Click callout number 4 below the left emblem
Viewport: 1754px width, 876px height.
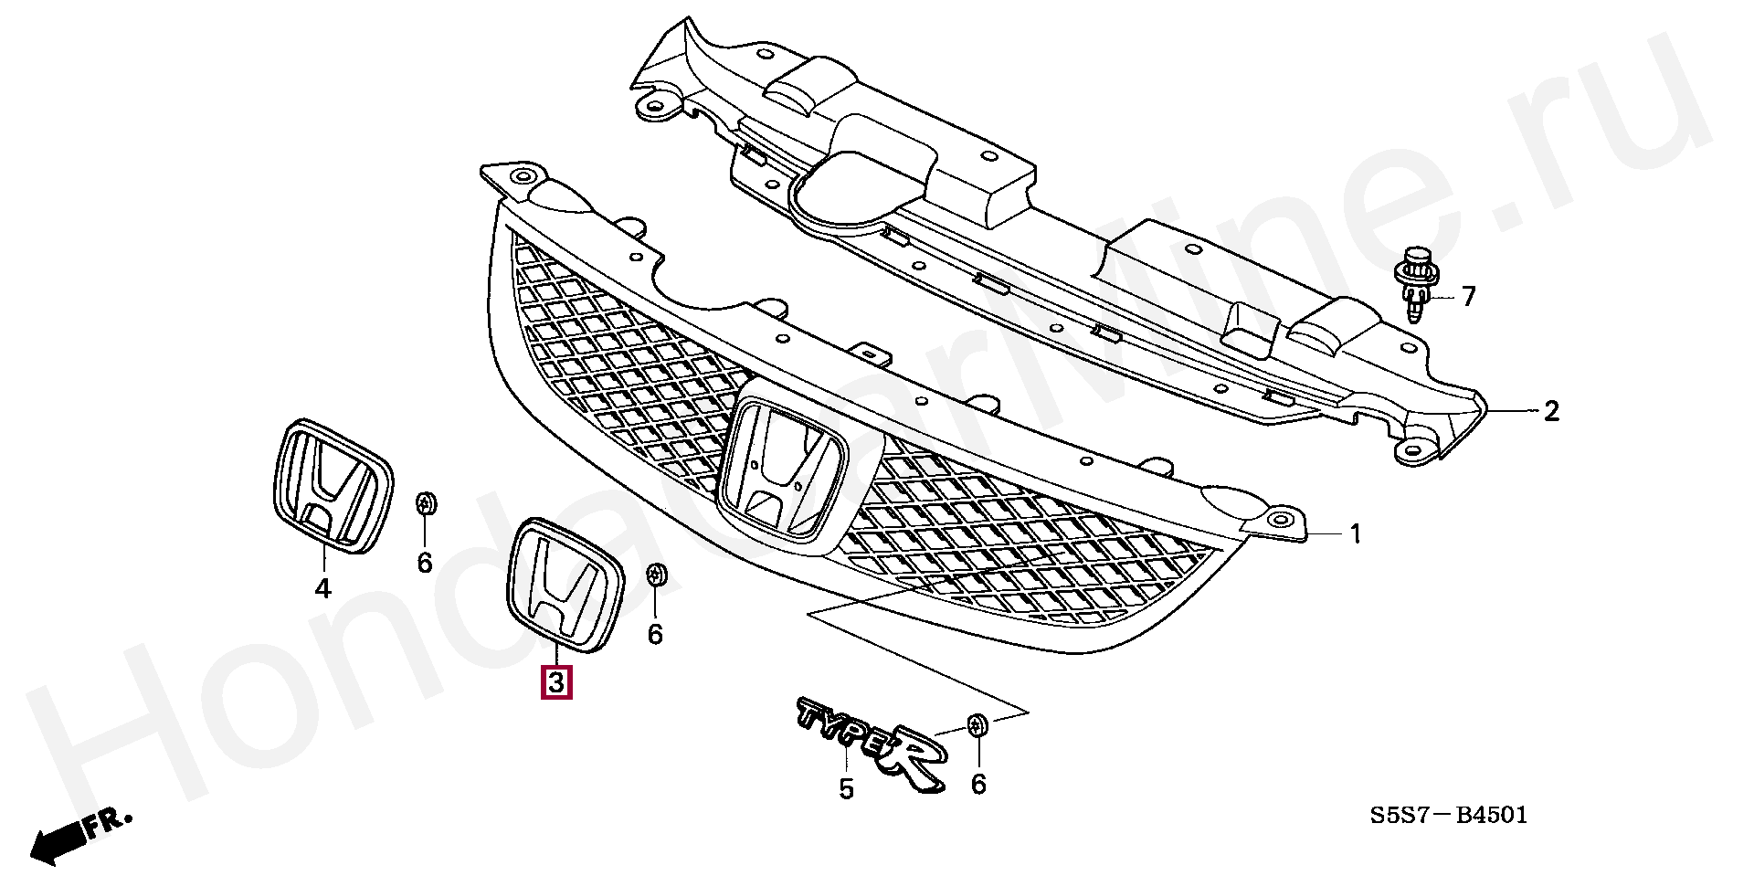coord(322,589)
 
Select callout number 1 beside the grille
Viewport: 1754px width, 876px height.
coord(1356,533)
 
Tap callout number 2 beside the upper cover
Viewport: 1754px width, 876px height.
coord(1551,411)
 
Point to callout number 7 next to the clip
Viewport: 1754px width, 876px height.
coord(1468,296)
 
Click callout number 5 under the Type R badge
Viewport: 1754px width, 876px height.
coord(846,788)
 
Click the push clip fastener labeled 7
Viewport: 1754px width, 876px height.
coord(1414,284)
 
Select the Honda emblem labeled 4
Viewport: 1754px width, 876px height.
coord(332,486)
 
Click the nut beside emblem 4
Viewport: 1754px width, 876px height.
coord(426,504)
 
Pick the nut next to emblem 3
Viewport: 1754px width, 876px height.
coord(656,575)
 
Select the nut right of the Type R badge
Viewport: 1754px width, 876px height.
coord(977,726)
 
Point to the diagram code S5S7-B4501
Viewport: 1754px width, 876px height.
coord(1447,814)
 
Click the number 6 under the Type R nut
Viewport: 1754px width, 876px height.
coord(978,784)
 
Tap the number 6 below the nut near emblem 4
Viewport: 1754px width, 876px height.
coord(425,563)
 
